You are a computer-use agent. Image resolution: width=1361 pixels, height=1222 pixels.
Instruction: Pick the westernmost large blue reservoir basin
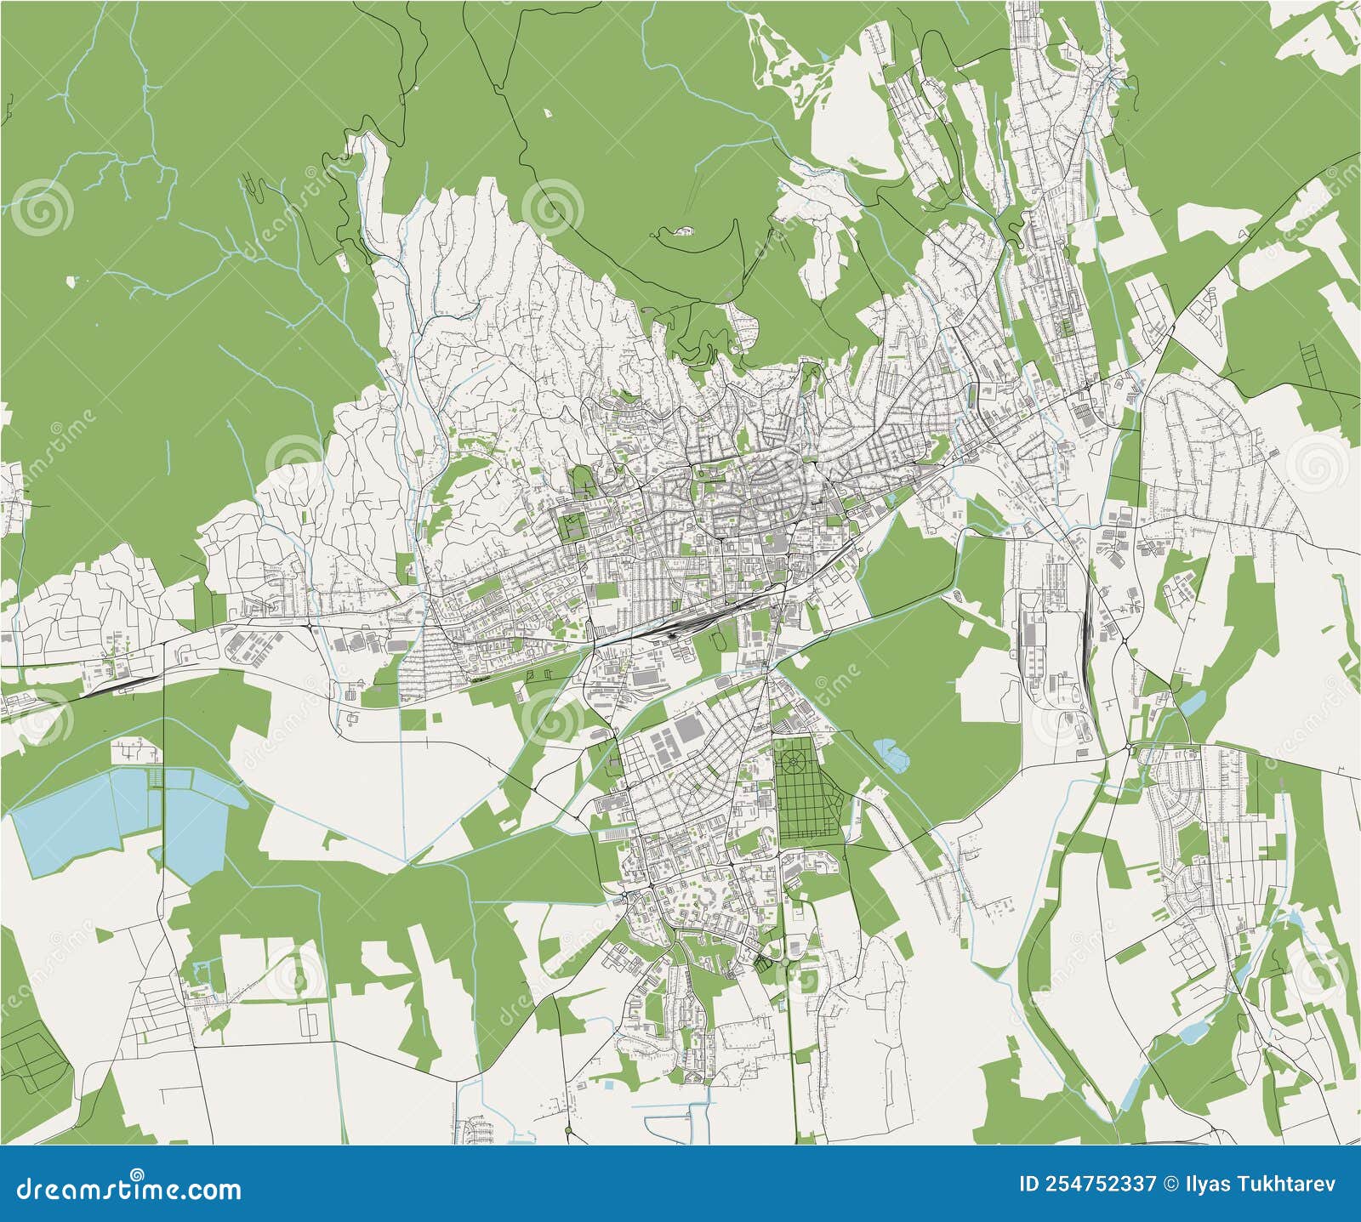tap(64, 829)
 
